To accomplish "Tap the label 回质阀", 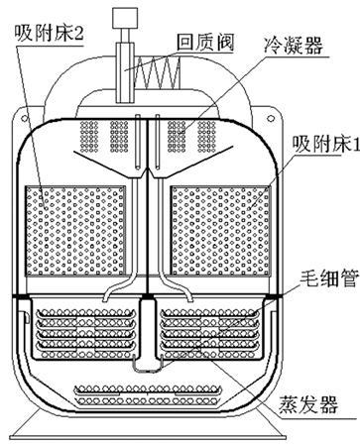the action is (x=205, y=43).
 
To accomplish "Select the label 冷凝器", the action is (x=293, y=46).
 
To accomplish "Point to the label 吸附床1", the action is (x=325, y=145).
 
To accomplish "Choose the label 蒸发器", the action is (x=308, y=404).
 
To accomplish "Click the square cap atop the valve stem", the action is (x=124, y=18).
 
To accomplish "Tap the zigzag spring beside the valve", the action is (x=157, y=72).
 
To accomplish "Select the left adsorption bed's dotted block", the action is (x=75, y=231).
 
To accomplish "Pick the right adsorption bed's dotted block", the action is (x=220, y=231).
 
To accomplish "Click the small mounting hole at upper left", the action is (x=24, y=118).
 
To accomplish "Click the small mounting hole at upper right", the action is (x=271, y=118).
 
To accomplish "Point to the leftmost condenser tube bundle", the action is (x=89, y=136).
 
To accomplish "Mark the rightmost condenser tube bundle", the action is (x=206, y=136).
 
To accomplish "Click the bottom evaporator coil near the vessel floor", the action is (x=148, y=394).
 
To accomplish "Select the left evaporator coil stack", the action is (x=86, y=334).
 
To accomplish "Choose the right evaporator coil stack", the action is (x=209, y=334).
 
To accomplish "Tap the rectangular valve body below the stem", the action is (x=125, y=72).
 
